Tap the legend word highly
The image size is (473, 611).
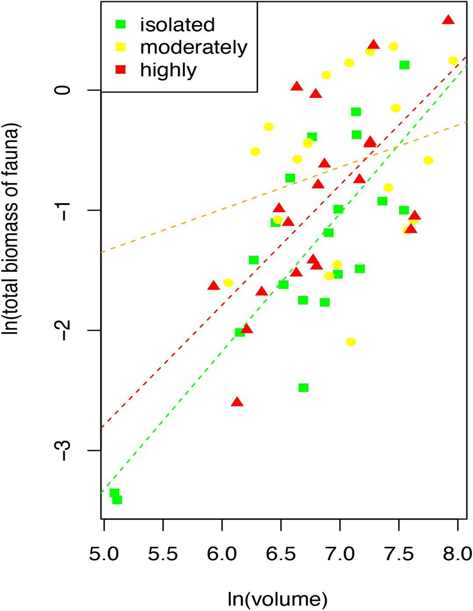(169, 70)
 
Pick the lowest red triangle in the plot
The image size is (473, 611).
(237, 402)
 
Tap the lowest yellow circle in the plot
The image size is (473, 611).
(351, 342)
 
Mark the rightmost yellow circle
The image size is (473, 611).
(453, 60)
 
